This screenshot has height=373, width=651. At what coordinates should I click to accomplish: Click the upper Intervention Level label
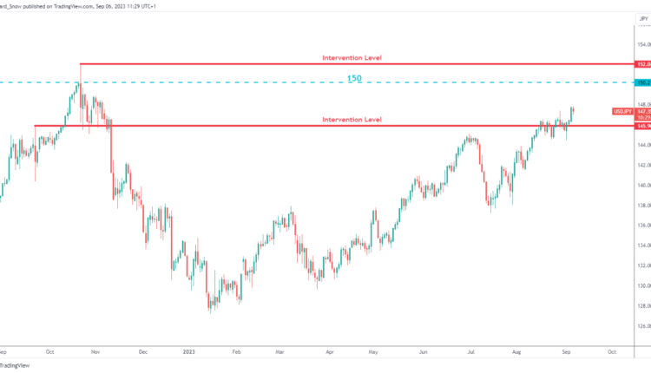click(x=352, y=58)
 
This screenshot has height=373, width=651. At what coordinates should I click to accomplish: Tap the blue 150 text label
click(x=353, y=78)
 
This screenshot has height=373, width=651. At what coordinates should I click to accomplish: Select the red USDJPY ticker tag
click(x=621, y=112)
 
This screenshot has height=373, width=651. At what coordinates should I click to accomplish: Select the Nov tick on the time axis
click(x=95, y=352)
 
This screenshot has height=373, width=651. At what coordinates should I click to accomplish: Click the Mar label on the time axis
click(x=279, y=352)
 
